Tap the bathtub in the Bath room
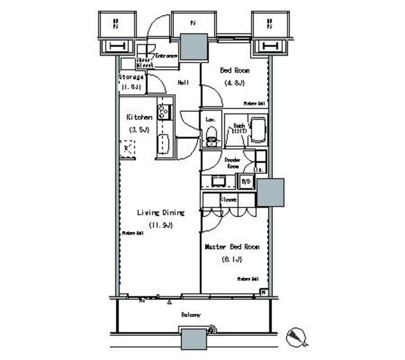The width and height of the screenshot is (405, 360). (x=257, y=131)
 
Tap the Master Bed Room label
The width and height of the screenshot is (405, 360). (x=232, y=247)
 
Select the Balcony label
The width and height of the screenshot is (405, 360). (x=192, y=314)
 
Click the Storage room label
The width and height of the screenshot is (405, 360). (x=131, y=77)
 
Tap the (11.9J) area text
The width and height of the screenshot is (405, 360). (x=160, y=225)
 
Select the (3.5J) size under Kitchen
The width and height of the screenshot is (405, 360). (x=139, y=130)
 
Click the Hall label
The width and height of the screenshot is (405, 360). (x=184, y=82)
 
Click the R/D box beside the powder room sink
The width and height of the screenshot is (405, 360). (x=246, y=182)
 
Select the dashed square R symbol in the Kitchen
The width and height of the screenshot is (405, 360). (x=127, y=149)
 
